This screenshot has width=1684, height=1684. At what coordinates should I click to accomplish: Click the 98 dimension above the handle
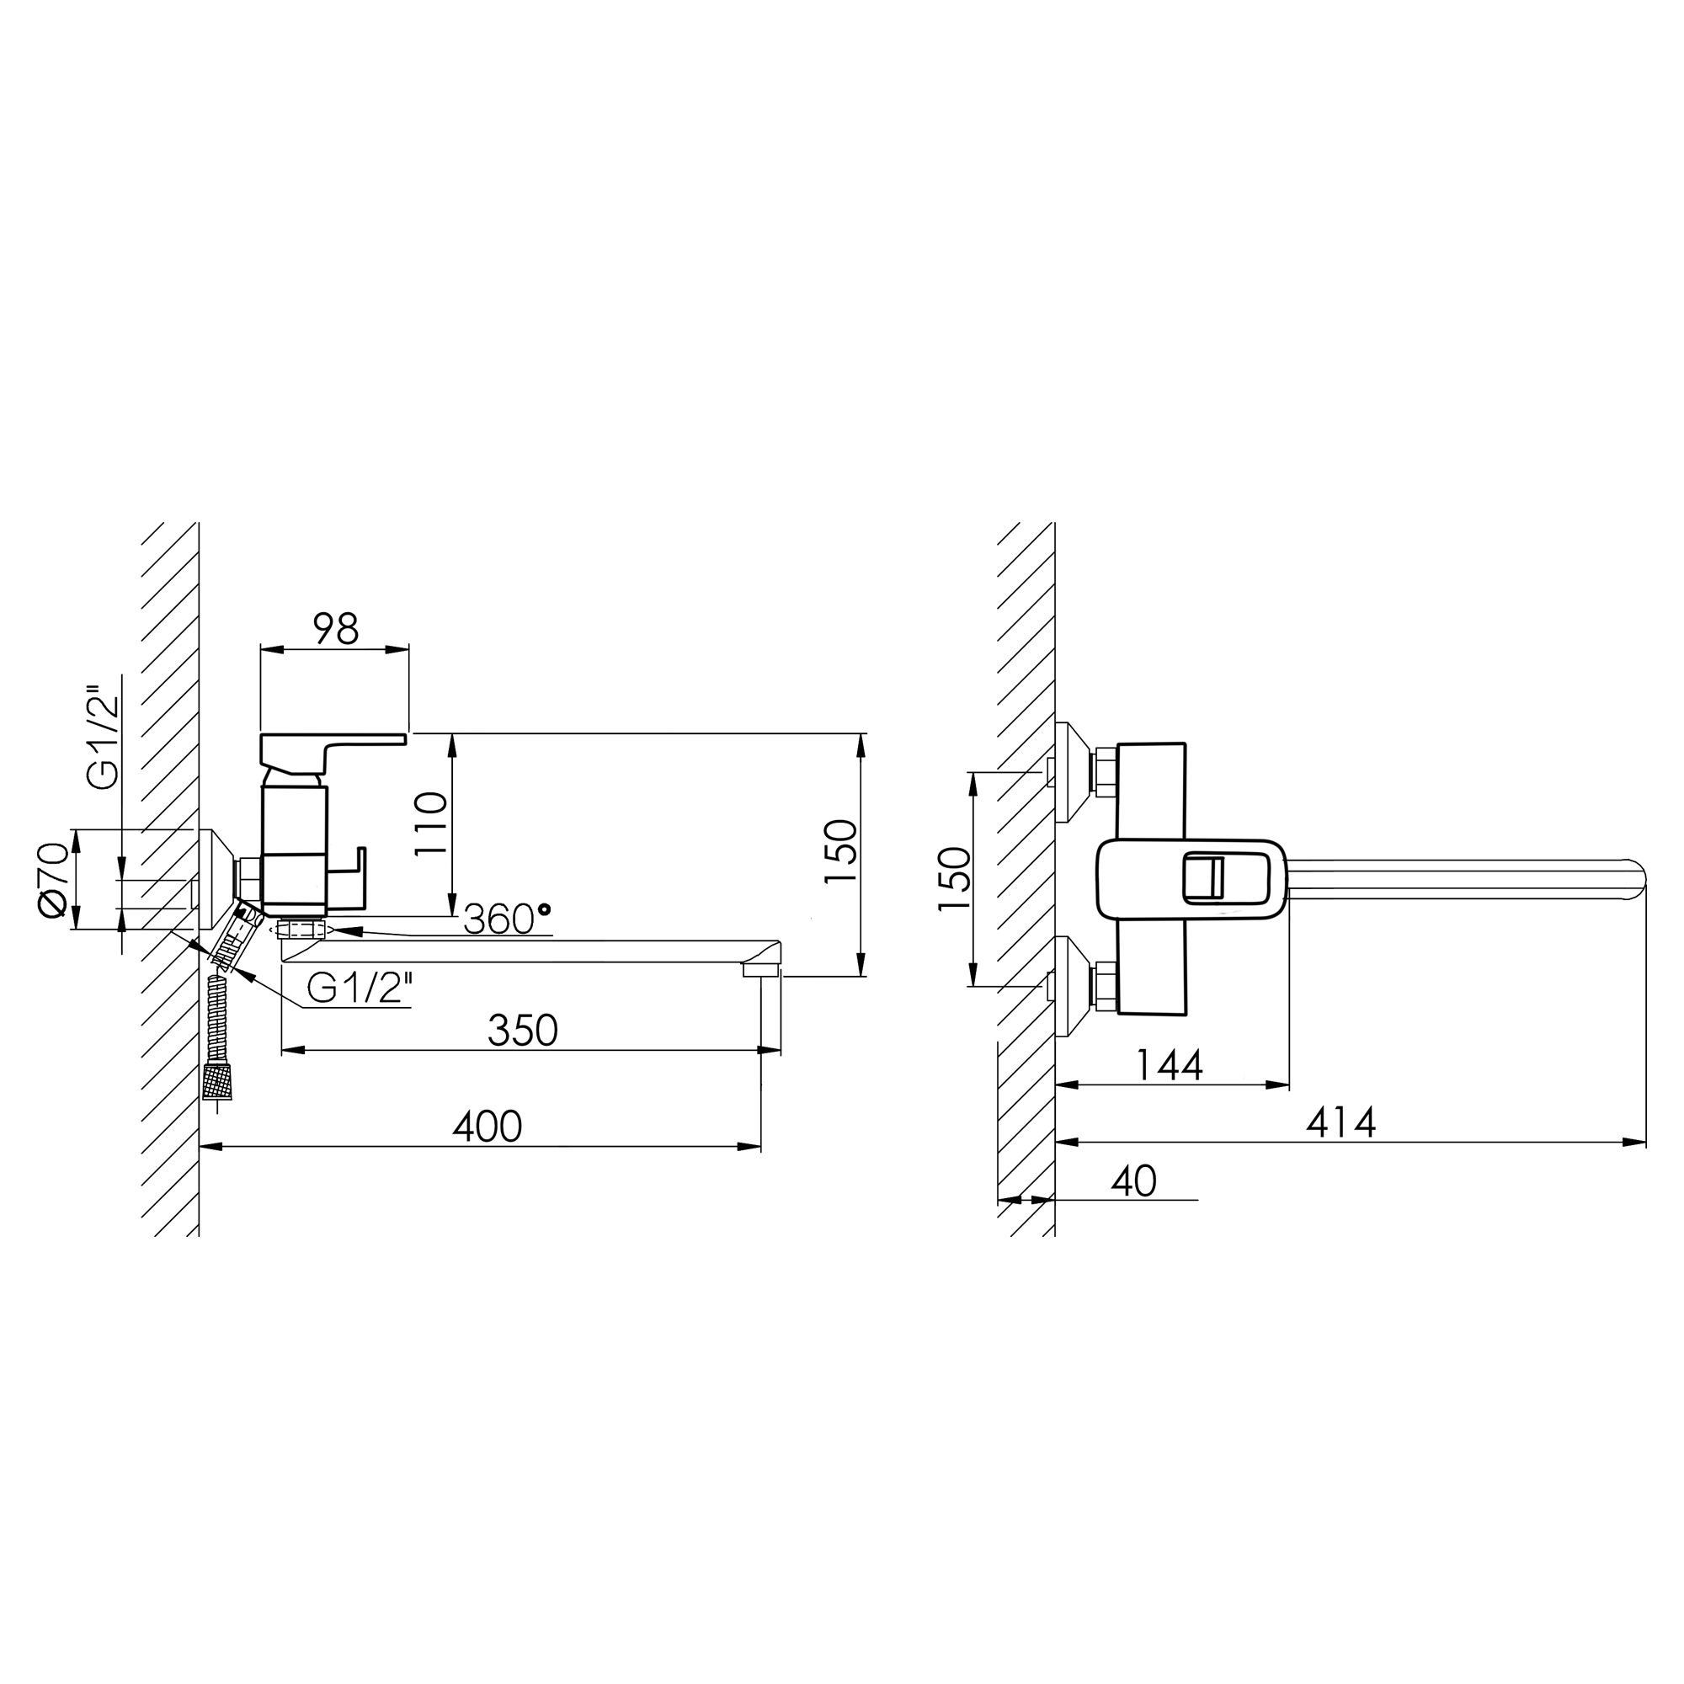[336, 628]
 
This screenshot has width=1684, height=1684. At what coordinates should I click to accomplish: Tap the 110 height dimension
[430, 824]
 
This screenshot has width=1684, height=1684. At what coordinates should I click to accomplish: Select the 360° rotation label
[507, 919]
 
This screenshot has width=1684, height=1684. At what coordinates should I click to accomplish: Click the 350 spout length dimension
[523, 1031]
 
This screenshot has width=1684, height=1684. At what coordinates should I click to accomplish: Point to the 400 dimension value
[488, 1126]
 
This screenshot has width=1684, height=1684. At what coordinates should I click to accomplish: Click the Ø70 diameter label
[52, 880]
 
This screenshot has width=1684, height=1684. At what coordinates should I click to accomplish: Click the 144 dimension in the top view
[1170, 1064]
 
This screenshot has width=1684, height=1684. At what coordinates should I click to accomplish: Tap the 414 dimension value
[1340, 1122]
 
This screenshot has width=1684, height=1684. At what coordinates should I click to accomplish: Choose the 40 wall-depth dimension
[1134, 1181]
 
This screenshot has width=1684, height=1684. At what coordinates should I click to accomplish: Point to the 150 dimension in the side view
[841, 851]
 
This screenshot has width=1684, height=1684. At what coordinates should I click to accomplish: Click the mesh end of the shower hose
[218, 1081]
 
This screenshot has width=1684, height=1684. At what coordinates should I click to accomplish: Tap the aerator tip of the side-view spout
[761, 968]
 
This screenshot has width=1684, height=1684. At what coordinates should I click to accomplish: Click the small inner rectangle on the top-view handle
[1204, 877]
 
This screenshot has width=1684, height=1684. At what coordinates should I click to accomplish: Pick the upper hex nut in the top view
[1106, 771]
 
